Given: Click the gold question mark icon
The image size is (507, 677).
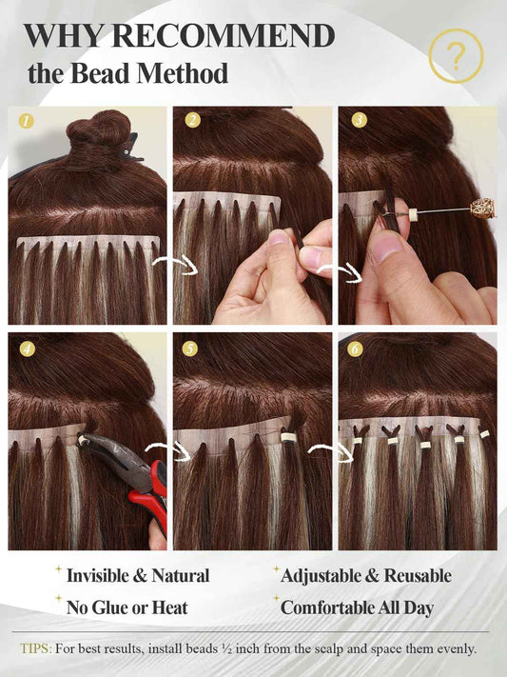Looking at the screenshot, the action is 456,56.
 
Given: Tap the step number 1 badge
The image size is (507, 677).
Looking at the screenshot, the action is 27,121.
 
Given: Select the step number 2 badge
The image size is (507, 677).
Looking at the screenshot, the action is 193,120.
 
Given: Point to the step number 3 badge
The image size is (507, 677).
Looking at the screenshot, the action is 359,120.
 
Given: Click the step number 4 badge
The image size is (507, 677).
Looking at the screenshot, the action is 28,348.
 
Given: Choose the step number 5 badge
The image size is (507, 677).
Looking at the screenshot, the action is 190,348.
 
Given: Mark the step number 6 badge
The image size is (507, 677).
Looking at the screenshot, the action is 355,348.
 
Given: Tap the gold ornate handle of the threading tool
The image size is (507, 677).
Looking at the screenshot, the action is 482,209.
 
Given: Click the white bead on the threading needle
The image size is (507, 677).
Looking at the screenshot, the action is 415,213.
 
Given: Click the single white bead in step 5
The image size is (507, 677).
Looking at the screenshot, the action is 287,437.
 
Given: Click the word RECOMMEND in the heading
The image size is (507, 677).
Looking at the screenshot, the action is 224,36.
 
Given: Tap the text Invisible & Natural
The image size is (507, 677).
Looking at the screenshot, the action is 138,575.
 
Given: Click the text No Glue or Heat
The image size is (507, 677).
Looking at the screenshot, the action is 127,607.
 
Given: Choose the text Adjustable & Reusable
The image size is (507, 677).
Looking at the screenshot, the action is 366,575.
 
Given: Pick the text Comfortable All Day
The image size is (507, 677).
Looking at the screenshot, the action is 357,607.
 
